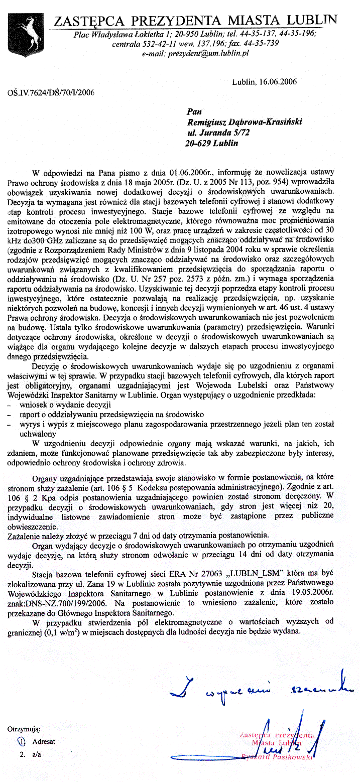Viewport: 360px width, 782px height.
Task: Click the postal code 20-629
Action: pos(198,143)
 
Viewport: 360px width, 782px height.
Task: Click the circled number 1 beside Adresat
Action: pos(21,741)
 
